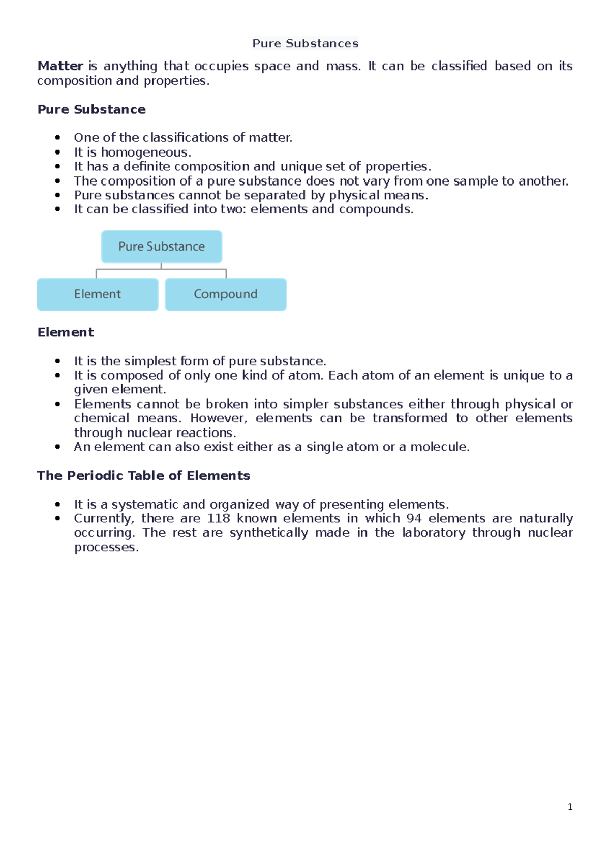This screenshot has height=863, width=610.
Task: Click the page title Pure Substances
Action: tap(305, 44)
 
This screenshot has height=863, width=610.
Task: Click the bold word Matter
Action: tap(60, 66)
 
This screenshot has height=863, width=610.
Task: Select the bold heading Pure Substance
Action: tap(91, 110)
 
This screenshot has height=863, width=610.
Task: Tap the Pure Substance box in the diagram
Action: tap(162, 246)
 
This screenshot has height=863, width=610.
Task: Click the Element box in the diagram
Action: tap(98, 294)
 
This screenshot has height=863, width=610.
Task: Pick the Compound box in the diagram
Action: tap(226, 294)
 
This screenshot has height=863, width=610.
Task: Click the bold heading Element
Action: tap(66, 332)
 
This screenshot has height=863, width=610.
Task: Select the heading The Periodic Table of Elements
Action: tap(143, 476)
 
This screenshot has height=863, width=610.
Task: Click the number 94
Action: tap(414, 518)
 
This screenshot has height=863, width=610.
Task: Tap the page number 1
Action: tap(570, 807)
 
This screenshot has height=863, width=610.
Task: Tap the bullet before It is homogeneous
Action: tap(58, 152)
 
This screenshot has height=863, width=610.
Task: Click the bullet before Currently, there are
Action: tap(58, 518)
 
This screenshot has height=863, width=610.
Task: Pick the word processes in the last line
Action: tap(106, 547)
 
